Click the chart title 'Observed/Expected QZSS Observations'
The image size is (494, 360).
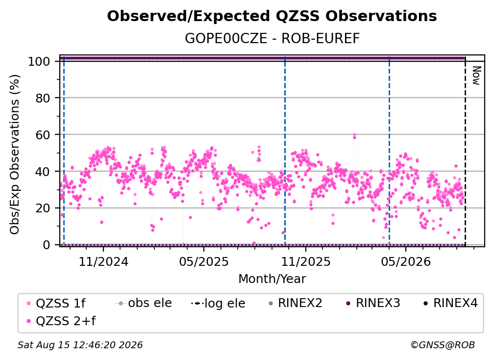pos(272,16)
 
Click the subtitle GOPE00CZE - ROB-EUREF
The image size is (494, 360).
pos(272,38)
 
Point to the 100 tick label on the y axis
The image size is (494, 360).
pos(39,61)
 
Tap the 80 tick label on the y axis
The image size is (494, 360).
pos(43,98)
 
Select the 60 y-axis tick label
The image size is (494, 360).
pos(43,135)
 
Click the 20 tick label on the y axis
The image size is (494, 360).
pos(43,208)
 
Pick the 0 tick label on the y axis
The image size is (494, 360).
pos(47,245)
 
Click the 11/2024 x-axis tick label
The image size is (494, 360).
pos(103,261)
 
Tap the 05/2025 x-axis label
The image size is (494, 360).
pos(204,261)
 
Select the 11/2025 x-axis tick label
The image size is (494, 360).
pos(306,261)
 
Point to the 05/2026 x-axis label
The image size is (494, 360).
pos(406,261)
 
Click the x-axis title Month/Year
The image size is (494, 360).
pos(272,279)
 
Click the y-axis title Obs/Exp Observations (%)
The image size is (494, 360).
pos(15,154)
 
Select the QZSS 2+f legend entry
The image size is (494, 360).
pos(61,321)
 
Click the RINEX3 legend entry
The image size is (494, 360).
pos(373,303)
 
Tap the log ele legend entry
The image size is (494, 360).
pos(218,304)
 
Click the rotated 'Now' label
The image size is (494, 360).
pos(476,76)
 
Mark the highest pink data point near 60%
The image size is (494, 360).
pos(354,135)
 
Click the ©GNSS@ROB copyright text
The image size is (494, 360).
pos(443,345)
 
